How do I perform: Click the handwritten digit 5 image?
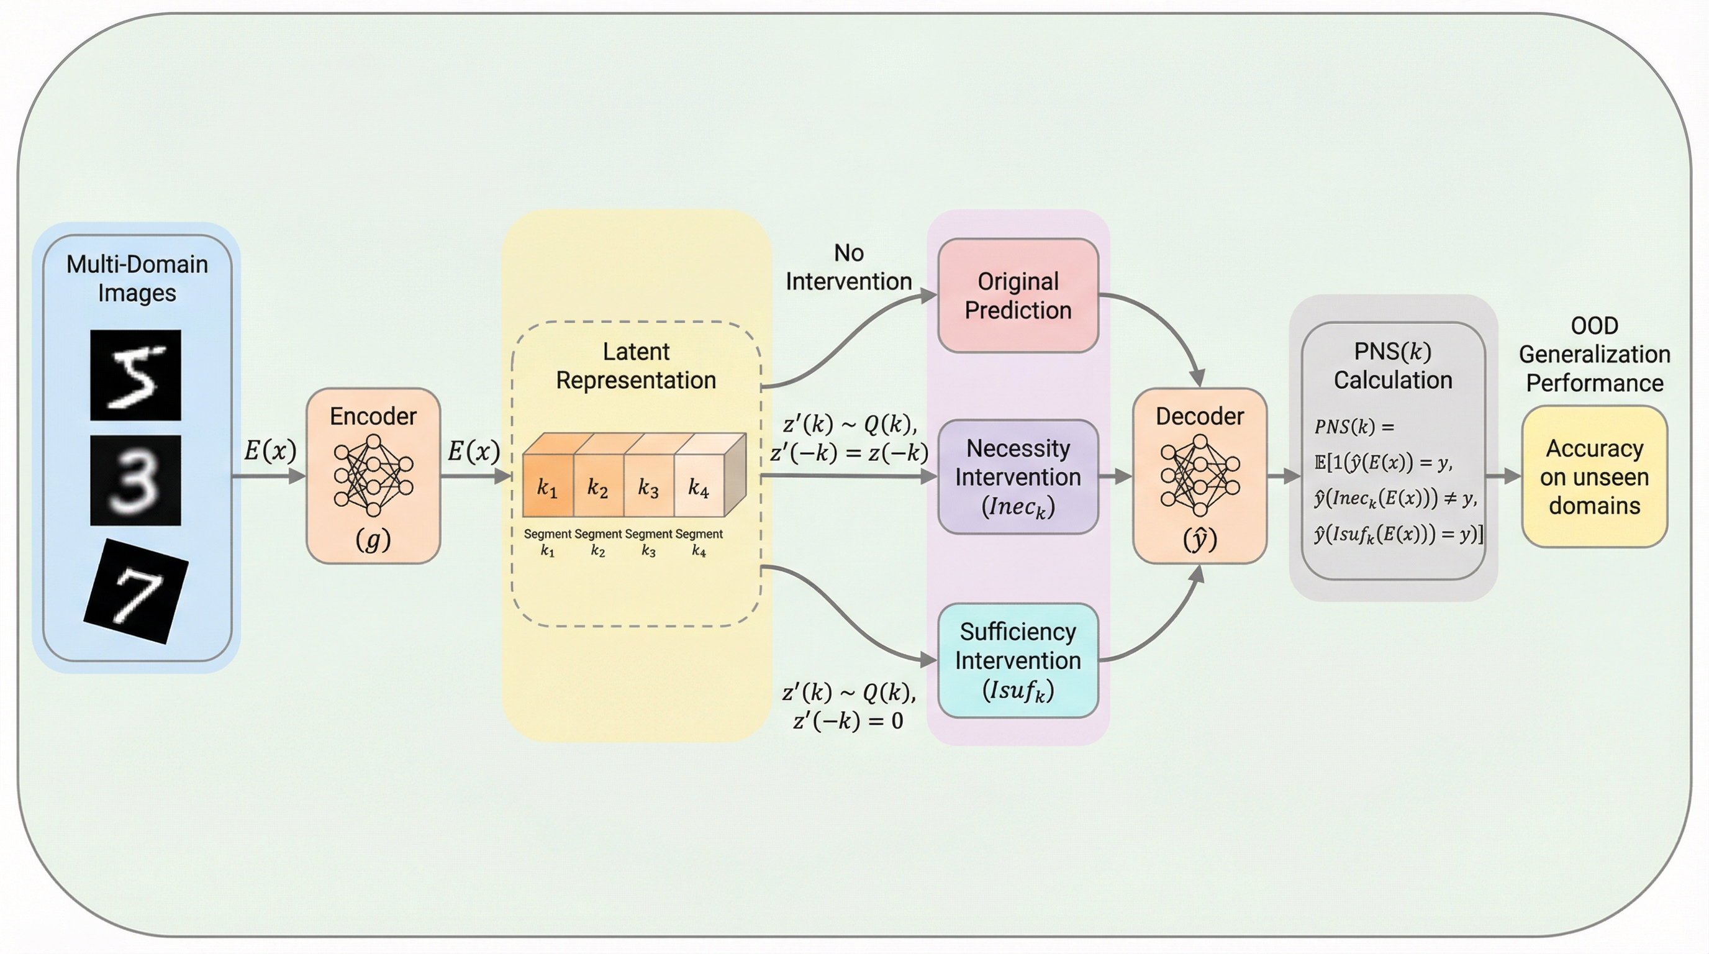[135, 375]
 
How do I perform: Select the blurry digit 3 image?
[135, 480]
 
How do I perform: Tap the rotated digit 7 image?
[136, 591]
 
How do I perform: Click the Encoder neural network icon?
[373, 475]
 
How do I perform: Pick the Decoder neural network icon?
[1200, 475]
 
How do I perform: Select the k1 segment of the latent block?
[547, 488]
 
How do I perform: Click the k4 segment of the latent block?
[699, 488]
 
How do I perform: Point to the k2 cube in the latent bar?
[598, 488]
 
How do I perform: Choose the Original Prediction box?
[1018, 296]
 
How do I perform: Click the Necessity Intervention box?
[1018, 476]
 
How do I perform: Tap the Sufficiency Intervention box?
[1018, 660]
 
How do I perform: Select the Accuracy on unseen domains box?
[1594, 476]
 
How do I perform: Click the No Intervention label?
[848, 267]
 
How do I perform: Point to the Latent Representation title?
[635, 366]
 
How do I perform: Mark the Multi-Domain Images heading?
[137, 278]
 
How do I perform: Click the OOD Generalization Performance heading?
[1594, 354]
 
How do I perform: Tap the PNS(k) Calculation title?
[1392, 366]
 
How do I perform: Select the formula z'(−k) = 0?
[848, 720]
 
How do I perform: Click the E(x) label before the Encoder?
[270, 450]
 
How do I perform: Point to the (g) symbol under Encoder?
[373, 539]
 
